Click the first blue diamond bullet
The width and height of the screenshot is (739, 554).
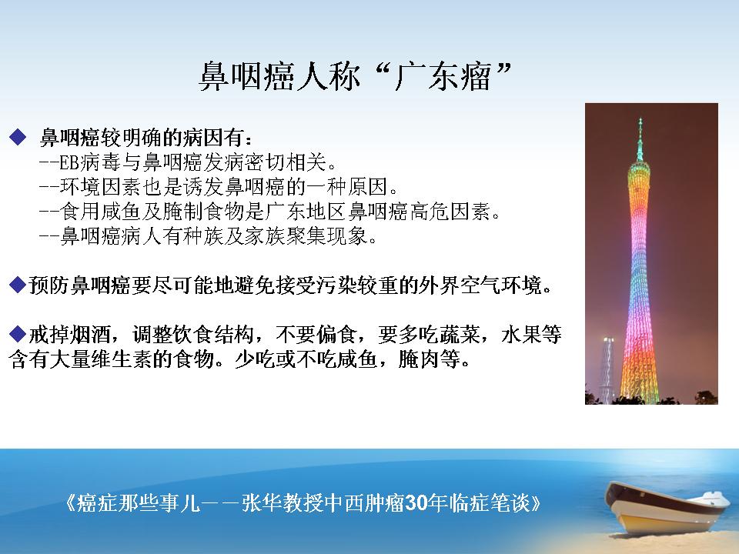coord(18,137)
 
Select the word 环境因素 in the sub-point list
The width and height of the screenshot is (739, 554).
coord(100,187)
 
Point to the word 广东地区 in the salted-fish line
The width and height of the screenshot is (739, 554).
coord(306,212)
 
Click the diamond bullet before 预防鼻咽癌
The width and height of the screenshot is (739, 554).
coord(18,285)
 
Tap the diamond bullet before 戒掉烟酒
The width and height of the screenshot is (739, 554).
coord(18,334)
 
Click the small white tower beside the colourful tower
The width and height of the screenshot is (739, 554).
coord(607,370)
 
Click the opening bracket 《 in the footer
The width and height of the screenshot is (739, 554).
coord(69,502)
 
